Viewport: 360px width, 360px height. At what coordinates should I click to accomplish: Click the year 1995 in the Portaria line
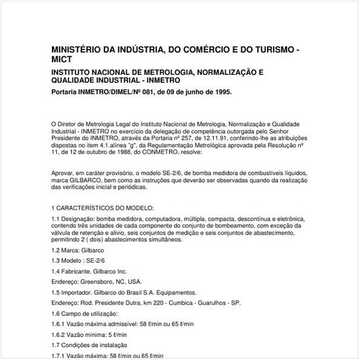point(219,92)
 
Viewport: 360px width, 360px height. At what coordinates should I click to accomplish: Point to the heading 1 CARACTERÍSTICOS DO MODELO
point(105,207)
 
